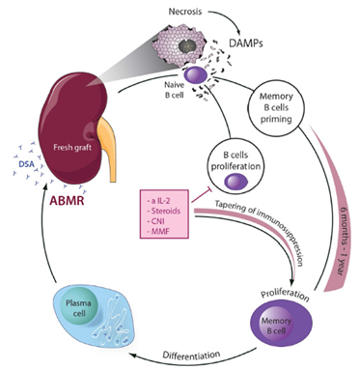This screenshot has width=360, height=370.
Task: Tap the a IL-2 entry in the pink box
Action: [159, 200]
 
